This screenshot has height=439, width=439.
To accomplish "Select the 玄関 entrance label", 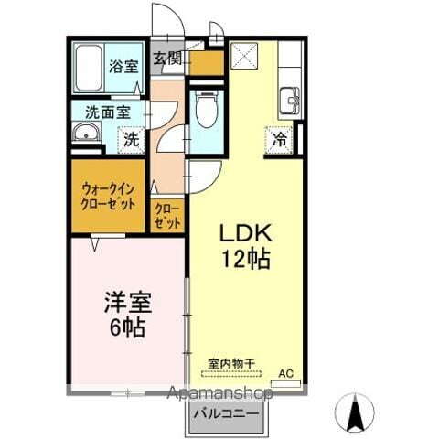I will (166, 59).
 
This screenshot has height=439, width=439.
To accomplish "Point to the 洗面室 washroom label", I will (107, 112).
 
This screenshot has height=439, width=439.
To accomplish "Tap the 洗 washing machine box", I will (131, 141).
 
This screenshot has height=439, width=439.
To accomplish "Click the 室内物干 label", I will (230, 361).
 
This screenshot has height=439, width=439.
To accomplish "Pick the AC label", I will (286, 372).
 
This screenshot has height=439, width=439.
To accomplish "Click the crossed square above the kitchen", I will (243, 58).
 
